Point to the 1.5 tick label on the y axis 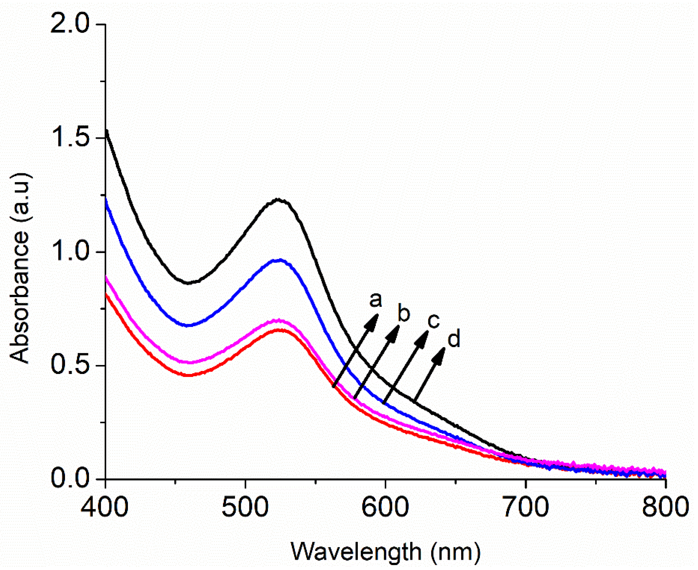(70, 138)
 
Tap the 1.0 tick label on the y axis (70, 252)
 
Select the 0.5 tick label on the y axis (70, 365)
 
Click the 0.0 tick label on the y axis (70, 479)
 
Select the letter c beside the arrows (433, 322)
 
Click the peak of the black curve (278, 200)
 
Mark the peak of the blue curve (280, 260)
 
